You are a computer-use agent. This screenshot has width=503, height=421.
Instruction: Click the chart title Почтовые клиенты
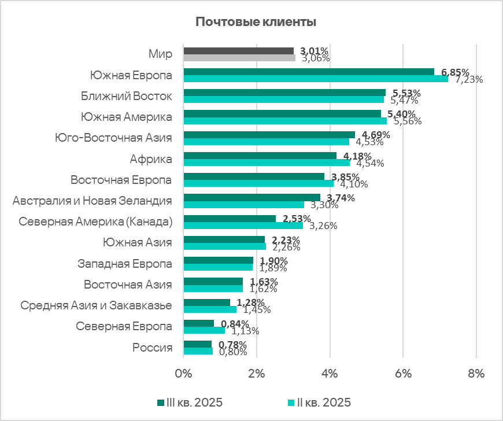[255, 23]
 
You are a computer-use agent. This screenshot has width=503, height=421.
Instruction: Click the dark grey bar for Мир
[238, 51]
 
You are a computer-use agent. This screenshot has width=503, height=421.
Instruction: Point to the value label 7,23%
[469, 79]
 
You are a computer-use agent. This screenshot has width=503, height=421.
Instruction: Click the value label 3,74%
[341, 197]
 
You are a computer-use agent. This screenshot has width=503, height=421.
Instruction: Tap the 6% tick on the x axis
[403, 374]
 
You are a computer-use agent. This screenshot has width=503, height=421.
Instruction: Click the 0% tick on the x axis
[183, 374]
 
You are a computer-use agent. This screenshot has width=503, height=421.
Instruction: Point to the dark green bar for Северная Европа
[198, 323]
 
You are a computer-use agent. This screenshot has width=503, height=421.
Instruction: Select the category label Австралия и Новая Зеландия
[93, 201]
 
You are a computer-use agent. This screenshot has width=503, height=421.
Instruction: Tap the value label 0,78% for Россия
[233, 345]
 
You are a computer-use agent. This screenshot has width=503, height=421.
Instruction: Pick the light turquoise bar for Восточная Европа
[258, 183]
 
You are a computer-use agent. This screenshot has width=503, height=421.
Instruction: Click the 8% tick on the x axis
[476, 374]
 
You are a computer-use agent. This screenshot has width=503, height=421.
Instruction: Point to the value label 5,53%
[406, 93]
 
